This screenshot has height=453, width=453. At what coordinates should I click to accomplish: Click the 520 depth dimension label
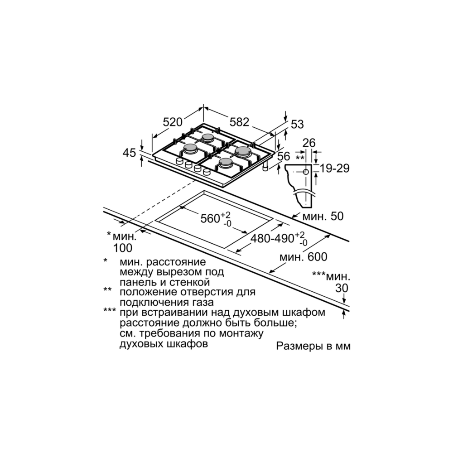point(172,122)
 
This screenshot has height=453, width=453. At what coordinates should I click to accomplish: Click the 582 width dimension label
point(239,121)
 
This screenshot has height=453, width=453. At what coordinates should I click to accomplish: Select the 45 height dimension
point(130,153)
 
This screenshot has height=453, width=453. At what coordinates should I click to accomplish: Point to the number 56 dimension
point(284,156)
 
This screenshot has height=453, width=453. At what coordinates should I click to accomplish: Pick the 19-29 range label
point(335,169)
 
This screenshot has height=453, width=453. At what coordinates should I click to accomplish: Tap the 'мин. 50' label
point(323,217)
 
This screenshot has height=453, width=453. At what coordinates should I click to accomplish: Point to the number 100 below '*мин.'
point(123,247)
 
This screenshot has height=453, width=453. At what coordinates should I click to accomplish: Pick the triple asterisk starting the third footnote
point(109,310)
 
